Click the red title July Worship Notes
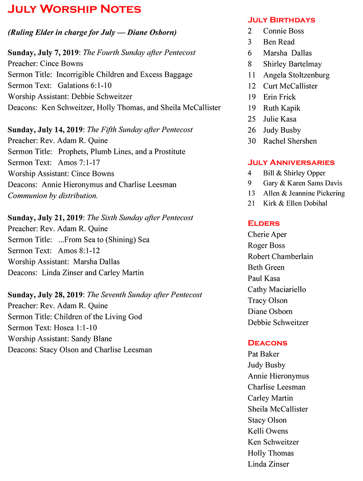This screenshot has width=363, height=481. coord(74,9)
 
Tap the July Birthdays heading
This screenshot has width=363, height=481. coord(281,20)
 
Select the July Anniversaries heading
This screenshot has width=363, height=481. coord(291,162)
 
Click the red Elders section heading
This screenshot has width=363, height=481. coord(264,223)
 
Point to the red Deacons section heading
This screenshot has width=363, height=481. coord(267,343)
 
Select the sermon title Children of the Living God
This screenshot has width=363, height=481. coord(98,317)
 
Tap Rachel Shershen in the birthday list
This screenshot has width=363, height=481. coord(290,141)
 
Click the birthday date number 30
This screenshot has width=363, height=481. coord(252,141)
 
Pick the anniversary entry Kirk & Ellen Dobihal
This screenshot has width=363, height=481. coord(295,203)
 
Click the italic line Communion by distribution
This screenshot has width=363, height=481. coord(53,196)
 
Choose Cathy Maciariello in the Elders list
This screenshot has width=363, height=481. coord(277,290)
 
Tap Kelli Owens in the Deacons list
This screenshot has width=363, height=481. coord(268,431)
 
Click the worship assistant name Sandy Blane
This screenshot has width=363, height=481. coord(91,339)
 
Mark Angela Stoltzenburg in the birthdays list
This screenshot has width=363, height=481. coord(296,75)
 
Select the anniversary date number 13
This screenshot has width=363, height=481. coord(251,193)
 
